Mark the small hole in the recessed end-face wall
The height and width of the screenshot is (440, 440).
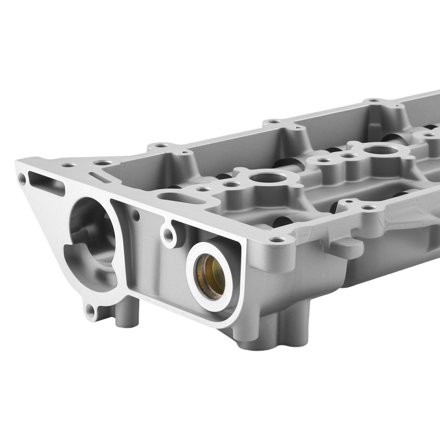[136, 215]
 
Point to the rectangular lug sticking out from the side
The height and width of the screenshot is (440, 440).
[345, 247]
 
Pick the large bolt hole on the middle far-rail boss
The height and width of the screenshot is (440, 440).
[274, 121]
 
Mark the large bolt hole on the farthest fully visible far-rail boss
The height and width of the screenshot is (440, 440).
[374, 101]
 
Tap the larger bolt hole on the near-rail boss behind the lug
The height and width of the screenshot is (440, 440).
[369, 208]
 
